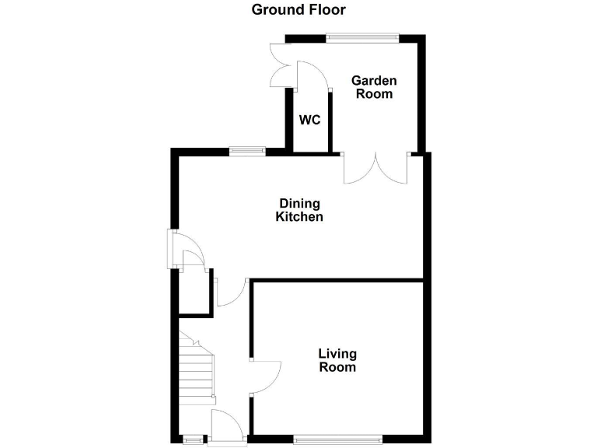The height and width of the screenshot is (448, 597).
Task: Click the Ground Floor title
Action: click(x=298, y=10)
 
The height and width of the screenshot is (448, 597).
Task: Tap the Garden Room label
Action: click(x=374, y=87)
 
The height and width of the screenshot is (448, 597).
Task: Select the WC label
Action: click(x=310, y=121)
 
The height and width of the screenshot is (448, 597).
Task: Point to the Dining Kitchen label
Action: click(x=299, y=210)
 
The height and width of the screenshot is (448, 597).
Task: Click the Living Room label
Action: click(x=337, y=361)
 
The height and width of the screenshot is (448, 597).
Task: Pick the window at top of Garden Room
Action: click(x=361, y=36)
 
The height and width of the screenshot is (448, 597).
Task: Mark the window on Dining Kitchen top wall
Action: click(x=246, y=151)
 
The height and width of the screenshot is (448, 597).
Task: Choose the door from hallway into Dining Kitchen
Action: click(x=232, y=293)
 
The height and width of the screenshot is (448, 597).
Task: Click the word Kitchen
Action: click(x=299, y=217)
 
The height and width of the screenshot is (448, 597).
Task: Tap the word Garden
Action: click(x=374, y=80)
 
